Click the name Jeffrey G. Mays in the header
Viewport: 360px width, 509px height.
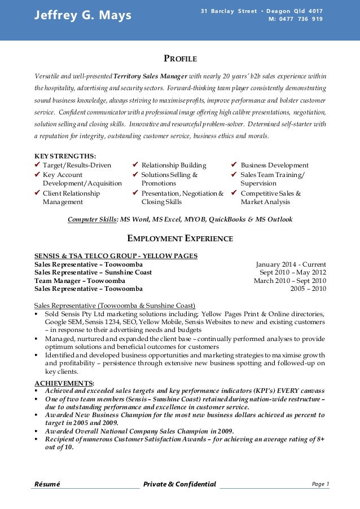[82, 15]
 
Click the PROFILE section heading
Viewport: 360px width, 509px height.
[180, 59]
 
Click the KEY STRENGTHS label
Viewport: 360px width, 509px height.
[65, 156]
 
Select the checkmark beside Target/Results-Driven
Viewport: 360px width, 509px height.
[38, 165]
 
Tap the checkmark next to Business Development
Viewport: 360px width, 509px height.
[234, 165]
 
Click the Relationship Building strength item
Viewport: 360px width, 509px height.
[174, 165]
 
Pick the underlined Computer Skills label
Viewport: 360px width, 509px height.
[93, 219]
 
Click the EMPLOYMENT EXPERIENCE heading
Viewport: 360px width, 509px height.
[180, 238]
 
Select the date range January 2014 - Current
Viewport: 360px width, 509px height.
[291, 264]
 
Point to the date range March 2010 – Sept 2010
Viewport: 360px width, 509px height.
[289, 281]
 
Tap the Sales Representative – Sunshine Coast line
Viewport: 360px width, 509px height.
[93, 272]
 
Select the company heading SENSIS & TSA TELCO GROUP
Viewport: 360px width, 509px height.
[116, 256]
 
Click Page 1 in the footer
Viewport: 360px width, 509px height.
[320, 484]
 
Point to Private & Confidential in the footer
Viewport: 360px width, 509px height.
[179, 484]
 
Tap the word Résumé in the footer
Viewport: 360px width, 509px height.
[47, 484]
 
